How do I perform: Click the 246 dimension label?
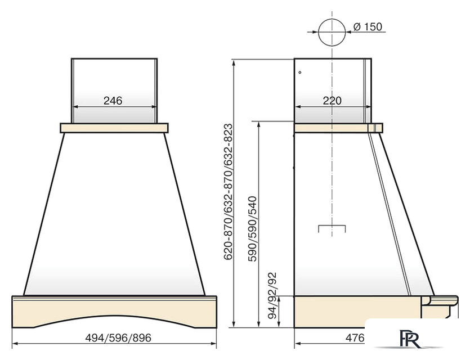[113, 101]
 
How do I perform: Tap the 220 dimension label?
[332, 101]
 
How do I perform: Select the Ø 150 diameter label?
[368, 26]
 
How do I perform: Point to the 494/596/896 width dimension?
[118, 338]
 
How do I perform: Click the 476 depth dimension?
[355, 338]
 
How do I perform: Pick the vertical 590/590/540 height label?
[252, 229]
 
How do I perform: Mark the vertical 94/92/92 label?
[272, 296]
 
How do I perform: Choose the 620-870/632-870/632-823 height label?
[228, 192]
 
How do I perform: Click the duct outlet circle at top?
[332, 32]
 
